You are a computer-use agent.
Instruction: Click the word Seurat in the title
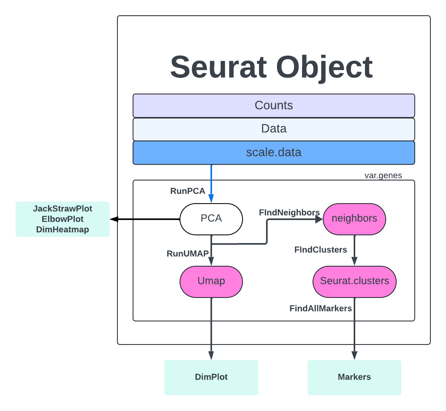coord(218,67)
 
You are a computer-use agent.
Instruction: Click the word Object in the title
coord(324,67)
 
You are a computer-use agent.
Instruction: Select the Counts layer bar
coord(273,106)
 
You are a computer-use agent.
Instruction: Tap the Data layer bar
coord(273,129)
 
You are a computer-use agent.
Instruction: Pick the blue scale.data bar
coord(273,153)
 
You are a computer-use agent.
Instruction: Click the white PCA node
coord(211,219)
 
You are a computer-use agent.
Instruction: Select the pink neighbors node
coord(354,219)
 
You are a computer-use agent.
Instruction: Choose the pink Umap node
coord(211,281)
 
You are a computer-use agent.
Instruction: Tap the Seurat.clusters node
coord(354,281)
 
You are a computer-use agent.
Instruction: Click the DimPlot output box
coord(211,377)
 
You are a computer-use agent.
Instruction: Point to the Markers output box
coord(354,377)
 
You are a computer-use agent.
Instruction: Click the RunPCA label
coord(188,191)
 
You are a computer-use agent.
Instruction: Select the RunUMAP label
coord(188,254)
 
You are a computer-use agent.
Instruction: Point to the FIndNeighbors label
coord(289,213)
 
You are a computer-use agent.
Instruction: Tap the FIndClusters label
coord(320,250)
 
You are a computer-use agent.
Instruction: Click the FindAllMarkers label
coord(320,308)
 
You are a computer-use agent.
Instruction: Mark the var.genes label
coord(383,175)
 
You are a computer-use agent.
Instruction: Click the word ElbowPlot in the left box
coord(63,219)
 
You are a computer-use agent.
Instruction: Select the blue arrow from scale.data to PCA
coord(211,182)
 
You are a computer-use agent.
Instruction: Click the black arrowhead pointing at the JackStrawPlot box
coord(114,219)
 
